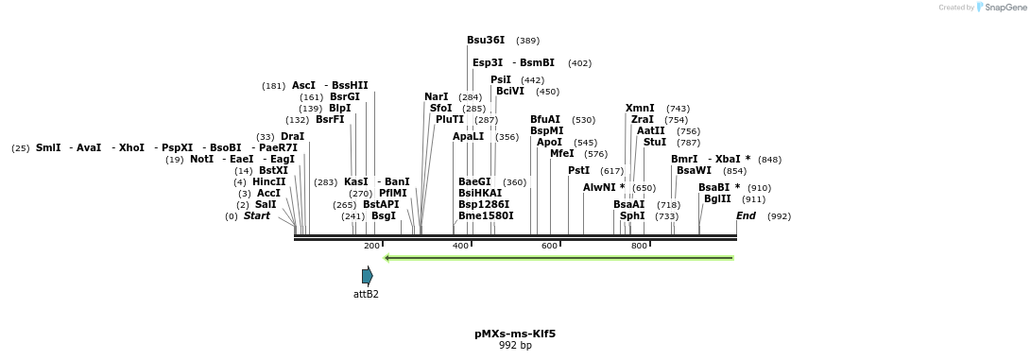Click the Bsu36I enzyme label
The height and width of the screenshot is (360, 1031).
click(x=486, y=41)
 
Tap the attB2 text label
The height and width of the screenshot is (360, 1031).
click(x=366, y=294)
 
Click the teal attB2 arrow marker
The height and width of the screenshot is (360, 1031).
click(x=368, y=276)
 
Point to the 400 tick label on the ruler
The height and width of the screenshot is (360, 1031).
click(x=460, y=246)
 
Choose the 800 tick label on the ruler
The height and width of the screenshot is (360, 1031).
click(x=639, y=246)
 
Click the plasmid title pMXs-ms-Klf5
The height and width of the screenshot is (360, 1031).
click(x=515, y=334)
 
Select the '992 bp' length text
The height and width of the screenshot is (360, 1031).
click(x=515, y=346)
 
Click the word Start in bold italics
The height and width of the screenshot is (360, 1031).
click(x=256, y=216)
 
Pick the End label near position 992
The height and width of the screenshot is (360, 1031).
click(x=746, y=216)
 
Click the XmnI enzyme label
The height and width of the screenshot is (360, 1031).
click(x=640, y=109)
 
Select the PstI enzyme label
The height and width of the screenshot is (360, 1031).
click(x=578, y=171)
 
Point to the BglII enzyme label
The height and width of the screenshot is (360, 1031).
click(x=717, y=199)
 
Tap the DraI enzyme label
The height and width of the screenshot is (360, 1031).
click(x=292, y=137)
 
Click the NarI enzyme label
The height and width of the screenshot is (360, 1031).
click(x=437, y=97)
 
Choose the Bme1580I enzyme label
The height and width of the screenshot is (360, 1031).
click(x=486, y=216)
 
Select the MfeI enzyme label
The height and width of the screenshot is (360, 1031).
click(x=562, y=153)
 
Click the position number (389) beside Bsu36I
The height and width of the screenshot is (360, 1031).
click(x=527, y=41)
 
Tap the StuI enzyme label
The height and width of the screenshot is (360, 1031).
click(x=654, y=143)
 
